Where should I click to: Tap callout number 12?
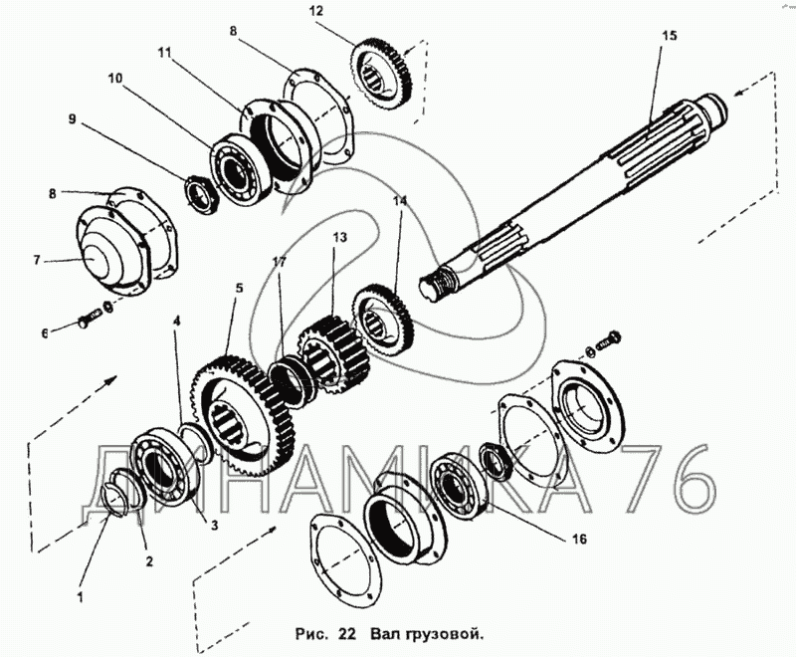coord(317,11)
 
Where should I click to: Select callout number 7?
coord(38,261)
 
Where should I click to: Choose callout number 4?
coord(177,322)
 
